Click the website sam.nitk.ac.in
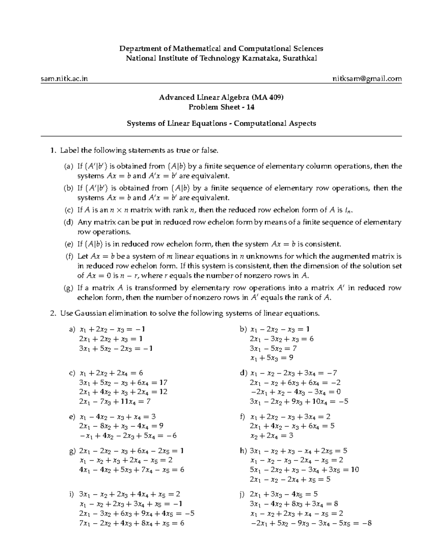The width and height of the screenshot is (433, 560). [x=64, y=79]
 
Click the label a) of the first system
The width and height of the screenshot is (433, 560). [x=72, y=329]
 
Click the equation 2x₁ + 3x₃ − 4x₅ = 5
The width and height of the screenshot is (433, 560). [x=283, y=494]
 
